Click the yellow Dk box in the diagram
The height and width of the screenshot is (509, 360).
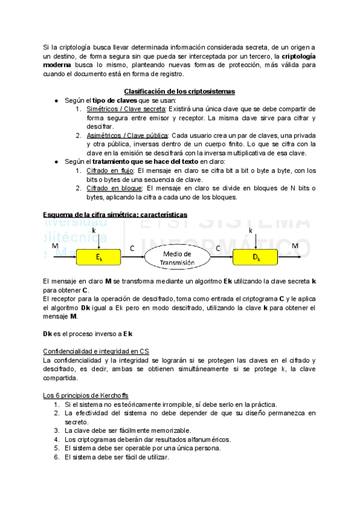pyautogui.click(x=256, y=258)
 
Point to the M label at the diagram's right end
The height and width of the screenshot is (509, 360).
pyautogui.click(x=295, y=246)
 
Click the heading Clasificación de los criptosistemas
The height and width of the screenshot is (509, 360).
pyautogui.click(x=179, y=91)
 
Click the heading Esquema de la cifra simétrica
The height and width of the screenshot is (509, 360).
pyautogui.click(x=115, y=214)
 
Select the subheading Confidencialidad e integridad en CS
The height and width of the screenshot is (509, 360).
pyautogui.click(x=96, y=351)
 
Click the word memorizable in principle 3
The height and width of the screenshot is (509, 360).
pyautogui.click(x=170, y=430)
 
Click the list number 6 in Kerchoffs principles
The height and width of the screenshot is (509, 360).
pyautogui.click(x=56, y=456)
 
